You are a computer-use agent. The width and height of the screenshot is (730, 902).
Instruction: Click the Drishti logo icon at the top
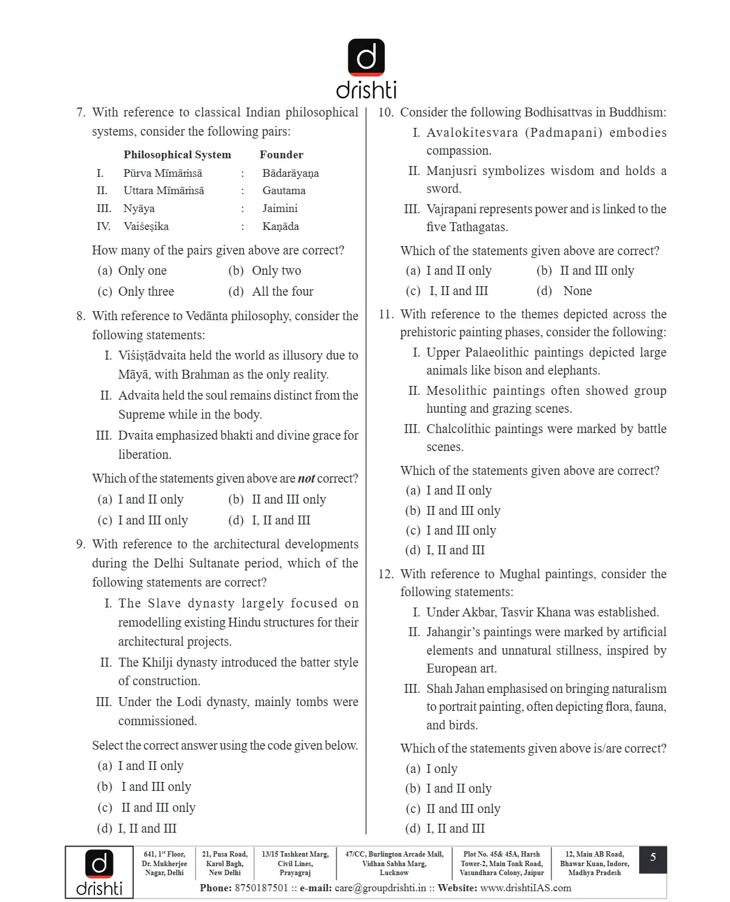coord(366,57)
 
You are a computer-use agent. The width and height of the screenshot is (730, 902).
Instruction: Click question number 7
coord(81,112)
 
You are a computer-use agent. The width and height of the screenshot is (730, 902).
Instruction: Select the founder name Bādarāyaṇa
coord(290,173)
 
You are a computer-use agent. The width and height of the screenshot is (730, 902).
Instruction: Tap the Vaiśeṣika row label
coord(146,226)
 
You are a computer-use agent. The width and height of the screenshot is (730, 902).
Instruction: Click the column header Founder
coord(281,155)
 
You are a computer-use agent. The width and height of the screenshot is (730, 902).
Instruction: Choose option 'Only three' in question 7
coord(146,292)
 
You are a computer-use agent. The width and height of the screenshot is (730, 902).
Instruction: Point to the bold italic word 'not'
coord(306,478)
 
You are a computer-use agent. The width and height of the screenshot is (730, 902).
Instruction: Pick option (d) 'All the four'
coord(282,292)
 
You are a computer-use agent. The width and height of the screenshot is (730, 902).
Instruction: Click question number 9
coord(81,544)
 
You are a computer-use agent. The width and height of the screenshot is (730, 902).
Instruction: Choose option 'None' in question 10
coord(577,291)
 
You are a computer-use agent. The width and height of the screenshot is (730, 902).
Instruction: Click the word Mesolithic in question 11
coord(456,391)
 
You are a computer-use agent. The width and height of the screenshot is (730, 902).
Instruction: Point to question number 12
coord(385,574)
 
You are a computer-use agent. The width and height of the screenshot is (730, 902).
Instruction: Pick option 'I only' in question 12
coord(441,769)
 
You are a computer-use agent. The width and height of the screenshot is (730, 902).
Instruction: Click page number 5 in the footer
coord(653,858)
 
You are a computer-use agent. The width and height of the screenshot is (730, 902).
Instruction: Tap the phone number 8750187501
coord(262,888)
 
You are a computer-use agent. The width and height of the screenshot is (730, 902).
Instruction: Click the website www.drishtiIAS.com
coord(526,888)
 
